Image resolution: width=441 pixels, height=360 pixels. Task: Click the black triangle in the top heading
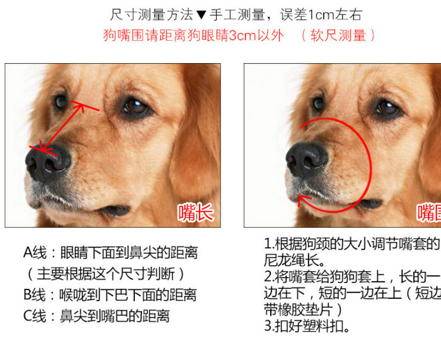(x=201, y=14)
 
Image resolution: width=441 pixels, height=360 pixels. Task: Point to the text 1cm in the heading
(x=318, y=14)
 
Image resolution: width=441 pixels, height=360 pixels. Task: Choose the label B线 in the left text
(x=35, y=295)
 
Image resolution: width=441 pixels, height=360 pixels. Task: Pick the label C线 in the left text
(x=35, y=316)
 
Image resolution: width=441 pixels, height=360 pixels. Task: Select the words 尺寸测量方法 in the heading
(x=153, y=14)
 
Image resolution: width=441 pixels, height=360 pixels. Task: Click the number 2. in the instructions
(x=269, y=277)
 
